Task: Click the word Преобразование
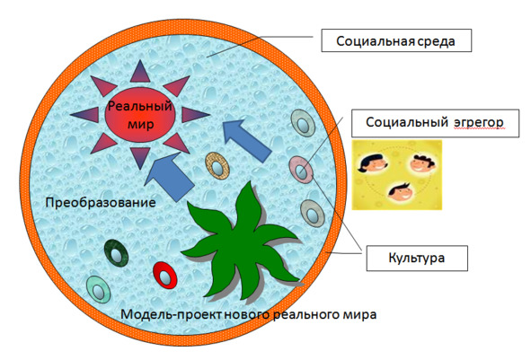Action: (101, 203)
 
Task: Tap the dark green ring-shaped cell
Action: (116, 253)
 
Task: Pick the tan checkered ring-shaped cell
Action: (217, 165)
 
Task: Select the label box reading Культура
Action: (417, 259)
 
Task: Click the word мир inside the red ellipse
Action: (140, 124)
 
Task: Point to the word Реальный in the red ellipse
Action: (140, 106)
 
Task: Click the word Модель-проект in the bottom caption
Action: (172, 314)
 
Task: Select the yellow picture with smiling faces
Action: (397, 175)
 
